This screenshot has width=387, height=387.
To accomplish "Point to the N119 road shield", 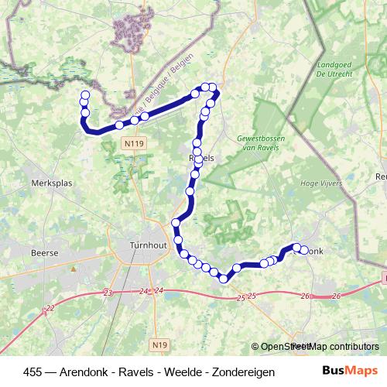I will pyautogui.click(x=132, y=143).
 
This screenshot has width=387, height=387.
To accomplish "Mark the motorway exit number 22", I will pyautogui.click(x=50, y=308).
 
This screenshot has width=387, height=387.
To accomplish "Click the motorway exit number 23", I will pyautogui.click(x=108, y=293).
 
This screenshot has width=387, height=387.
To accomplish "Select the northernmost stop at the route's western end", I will pyautogui.click(x=84, y=95).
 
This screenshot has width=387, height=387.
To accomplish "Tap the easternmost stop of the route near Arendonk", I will pyautogui.click(x=303, y=250).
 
